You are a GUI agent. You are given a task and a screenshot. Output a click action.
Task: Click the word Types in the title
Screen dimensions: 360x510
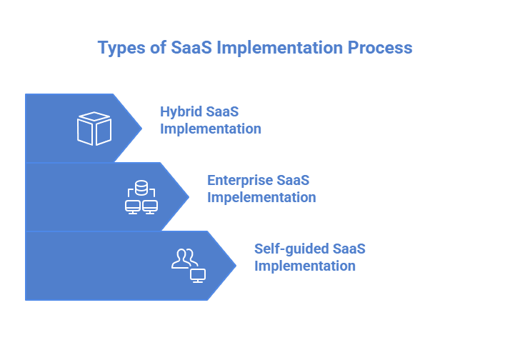119,48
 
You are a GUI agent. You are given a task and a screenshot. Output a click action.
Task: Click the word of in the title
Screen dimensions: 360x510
156,48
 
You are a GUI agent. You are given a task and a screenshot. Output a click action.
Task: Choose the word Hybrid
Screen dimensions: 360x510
181,112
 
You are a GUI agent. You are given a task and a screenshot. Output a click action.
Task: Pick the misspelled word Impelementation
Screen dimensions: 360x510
261,197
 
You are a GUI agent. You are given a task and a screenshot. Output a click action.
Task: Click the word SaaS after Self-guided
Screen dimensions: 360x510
349,249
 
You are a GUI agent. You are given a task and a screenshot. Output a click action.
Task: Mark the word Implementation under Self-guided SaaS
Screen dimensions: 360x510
305,266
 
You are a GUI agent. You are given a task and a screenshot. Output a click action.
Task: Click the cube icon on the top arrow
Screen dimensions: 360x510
94,129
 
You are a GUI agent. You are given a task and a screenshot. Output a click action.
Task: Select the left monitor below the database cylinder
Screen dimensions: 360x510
132,207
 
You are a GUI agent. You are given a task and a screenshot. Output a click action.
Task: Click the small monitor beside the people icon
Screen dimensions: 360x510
198,275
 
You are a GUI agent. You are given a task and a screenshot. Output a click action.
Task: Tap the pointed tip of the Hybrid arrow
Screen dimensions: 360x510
141,128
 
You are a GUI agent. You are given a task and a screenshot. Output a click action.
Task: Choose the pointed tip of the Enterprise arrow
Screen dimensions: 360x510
188,196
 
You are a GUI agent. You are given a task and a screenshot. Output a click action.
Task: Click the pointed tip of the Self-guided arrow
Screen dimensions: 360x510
235,265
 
